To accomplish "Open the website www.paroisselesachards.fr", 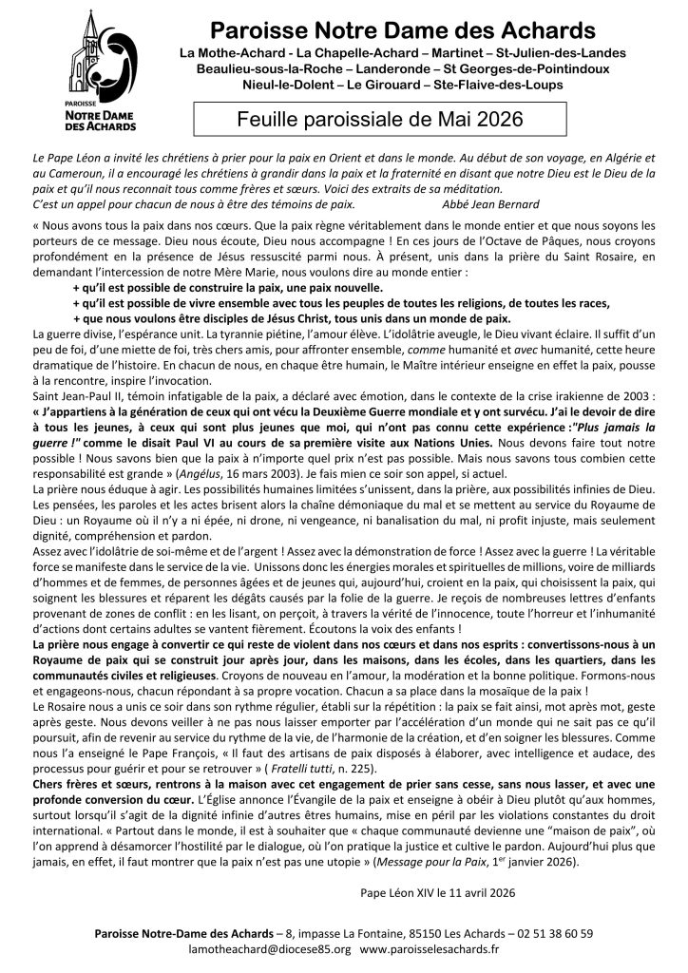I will tap(430, 948).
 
